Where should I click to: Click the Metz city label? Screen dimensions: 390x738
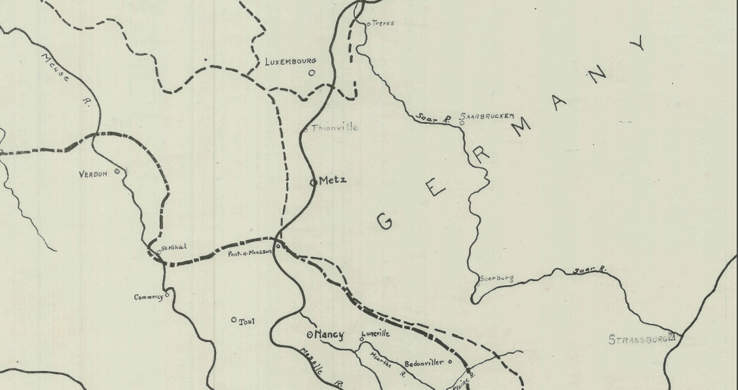[333, 181]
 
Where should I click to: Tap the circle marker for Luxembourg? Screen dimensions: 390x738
[312, 73]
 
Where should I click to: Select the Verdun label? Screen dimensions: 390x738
[93, 174]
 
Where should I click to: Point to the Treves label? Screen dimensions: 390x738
[383, 24]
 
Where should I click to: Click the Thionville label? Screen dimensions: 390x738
[335, 128]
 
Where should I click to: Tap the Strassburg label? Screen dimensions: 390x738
[638, 340]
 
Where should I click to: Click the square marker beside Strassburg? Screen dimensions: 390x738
[671, 338]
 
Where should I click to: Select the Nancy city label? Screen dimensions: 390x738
[329, 335]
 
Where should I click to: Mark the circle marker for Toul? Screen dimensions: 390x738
[234, 320]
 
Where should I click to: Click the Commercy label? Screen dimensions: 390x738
[148, 297]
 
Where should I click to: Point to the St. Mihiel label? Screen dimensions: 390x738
[174, 247]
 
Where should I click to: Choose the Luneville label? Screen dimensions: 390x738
[376, 334]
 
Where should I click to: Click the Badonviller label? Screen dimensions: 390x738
[424, 362]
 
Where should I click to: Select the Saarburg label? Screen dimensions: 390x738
[497, 279]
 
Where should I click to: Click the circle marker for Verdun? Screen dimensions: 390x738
[117, 171]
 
